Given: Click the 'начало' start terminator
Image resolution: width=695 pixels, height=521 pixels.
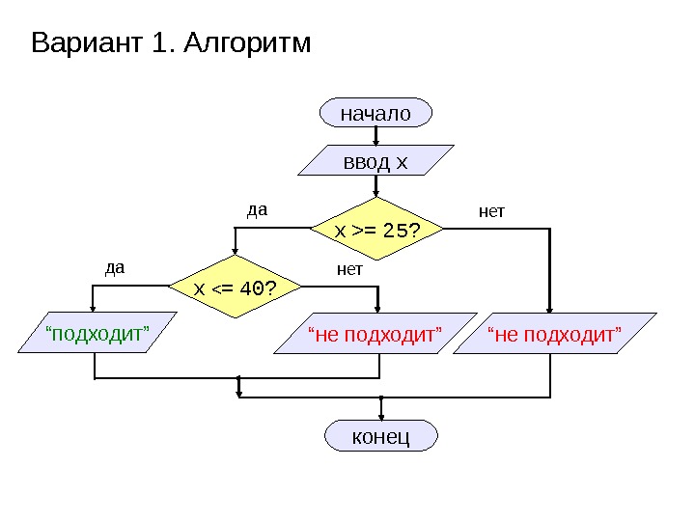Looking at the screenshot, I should [x=375, y=113].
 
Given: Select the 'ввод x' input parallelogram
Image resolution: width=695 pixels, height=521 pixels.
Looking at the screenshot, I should [x=375, y=161].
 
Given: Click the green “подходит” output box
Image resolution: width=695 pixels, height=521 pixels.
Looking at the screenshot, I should [x=97, y=334].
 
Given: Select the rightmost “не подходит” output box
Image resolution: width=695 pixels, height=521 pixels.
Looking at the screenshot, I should [x=554, y=334].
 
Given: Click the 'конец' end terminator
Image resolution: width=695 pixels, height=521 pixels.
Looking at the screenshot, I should [x=381, y=436].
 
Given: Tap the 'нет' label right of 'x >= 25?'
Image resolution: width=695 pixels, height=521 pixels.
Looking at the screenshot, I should [x=492, y=209].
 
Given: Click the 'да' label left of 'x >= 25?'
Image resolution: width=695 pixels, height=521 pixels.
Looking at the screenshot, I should [x=256, y=208].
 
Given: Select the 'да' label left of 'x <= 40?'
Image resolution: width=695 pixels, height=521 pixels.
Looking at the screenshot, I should [x=115, y=267].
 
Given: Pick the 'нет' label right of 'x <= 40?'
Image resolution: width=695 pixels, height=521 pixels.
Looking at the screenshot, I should [x=349, y=269].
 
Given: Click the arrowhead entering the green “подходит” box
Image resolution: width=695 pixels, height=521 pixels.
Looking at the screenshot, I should [x=95, y=308].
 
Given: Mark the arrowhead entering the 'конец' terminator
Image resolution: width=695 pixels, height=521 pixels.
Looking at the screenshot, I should [x=381, y=417].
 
